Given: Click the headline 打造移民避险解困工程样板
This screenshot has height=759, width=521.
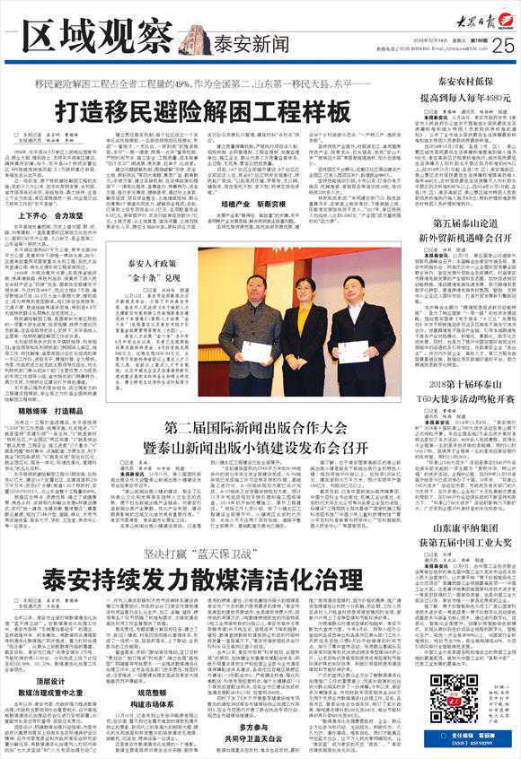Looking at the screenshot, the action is (x=202, y=113).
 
